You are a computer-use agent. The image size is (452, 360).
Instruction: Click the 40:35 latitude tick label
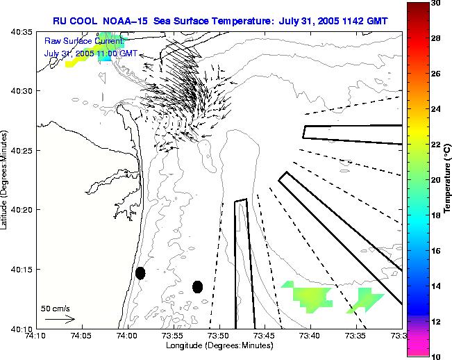22,32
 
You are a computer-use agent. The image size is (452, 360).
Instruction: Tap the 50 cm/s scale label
55,308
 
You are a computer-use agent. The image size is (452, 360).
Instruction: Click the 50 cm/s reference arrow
60,319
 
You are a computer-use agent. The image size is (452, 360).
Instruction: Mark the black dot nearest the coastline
140,273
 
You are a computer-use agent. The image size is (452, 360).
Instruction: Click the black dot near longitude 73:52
197,286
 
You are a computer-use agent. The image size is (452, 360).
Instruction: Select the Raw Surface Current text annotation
82,42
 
